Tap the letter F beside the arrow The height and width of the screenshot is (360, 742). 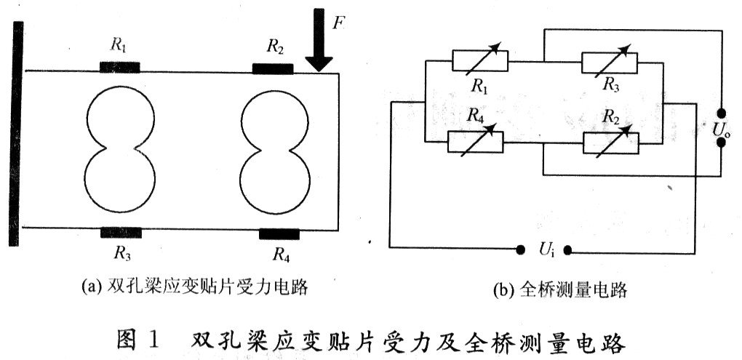pyautogui.click(x=338, y=22)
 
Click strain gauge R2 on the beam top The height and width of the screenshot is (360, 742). pyautogui.click(x=273, y=68)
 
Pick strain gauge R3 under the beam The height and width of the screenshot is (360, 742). pyautogui.click(x=121, y=233)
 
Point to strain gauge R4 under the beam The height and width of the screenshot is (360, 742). pyautogui.click(x=279, y=233)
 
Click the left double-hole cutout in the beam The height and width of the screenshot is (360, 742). pyautogui.click(x=120, y=150)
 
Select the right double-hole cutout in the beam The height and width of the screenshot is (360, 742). pyautogui.click(x=274, y=150)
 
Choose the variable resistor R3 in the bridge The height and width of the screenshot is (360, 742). pyautogui.click(x=610, y=62)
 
